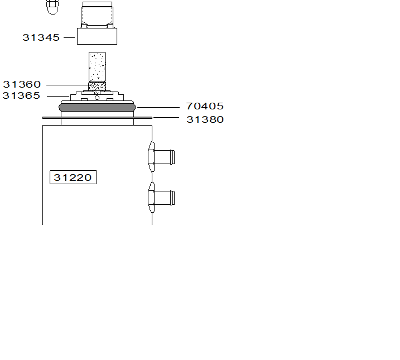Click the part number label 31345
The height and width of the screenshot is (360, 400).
click(x=41, y=37)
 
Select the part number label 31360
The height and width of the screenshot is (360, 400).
click(x=22, y=84)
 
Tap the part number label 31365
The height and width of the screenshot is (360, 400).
click(x=21, y=95)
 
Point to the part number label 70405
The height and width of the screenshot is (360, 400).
click(x=205, y=106)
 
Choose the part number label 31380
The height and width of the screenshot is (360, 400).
click(x=205, y=119)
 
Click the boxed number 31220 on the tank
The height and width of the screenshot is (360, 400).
click(x=73, y=177)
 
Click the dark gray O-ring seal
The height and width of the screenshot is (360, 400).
click(x=97, y=107)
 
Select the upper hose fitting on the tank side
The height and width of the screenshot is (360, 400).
click(x=161, y=157)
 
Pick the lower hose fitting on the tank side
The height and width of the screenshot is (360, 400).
click(x=161, y=198)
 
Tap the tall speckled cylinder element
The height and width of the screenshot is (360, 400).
click(x=97, y=66)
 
